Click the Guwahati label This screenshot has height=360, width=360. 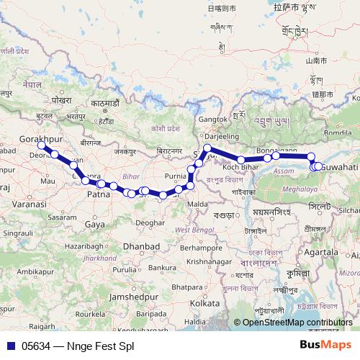coord(338,166)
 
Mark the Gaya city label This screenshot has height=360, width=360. coord(94,225)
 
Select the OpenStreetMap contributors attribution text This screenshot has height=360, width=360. coord(297,323)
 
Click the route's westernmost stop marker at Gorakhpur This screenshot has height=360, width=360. coord(41,145)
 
